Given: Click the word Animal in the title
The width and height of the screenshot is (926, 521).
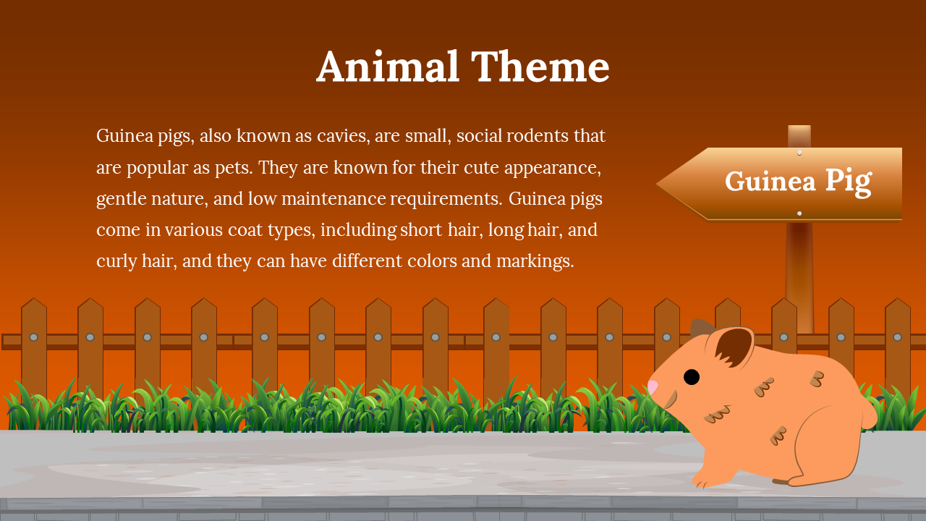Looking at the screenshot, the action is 388,66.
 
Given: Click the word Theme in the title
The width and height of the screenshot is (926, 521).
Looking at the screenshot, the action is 540,66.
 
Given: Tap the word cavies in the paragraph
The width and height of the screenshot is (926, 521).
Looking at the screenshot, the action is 343,136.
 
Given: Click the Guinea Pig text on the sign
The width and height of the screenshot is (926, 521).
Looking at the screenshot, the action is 799,182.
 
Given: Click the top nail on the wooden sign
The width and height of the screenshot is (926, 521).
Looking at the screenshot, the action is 799,153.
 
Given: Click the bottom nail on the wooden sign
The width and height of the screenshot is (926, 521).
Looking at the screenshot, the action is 799,213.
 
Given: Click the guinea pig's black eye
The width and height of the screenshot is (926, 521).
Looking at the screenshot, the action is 691,377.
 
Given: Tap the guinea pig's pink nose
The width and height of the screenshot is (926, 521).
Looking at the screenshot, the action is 653,387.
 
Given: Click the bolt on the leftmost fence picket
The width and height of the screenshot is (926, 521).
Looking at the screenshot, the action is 34,337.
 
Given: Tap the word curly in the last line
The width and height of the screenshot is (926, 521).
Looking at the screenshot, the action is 116,262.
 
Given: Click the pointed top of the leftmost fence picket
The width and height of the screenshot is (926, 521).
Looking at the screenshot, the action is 34,299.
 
